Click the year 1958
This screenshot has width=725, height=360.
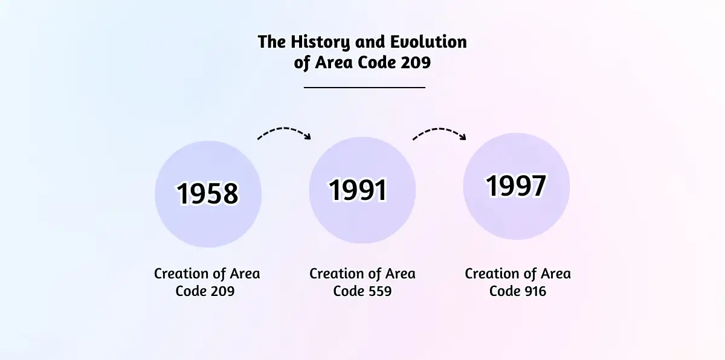point(207,193)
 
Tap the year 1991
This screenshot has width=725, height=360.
point(358,190)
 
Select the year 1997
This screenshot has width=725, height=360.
point(516,185)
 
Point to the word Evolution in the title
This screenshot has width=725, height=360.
point(428,42)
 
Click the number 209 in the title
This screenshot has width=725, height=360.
point(416,62)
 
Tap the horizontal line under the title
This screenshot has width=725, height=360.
point(364,88)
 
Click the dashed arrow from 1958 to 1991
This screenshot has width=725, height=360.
point(284,131)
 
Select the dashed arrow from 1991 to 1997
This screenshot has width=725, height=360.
point(439,131)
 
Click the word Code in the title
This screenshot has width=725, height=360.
point(377,62)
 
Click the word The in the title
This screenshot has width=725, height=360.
point(272,42)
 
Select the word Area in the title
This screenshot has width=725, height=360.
point(333,62)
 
